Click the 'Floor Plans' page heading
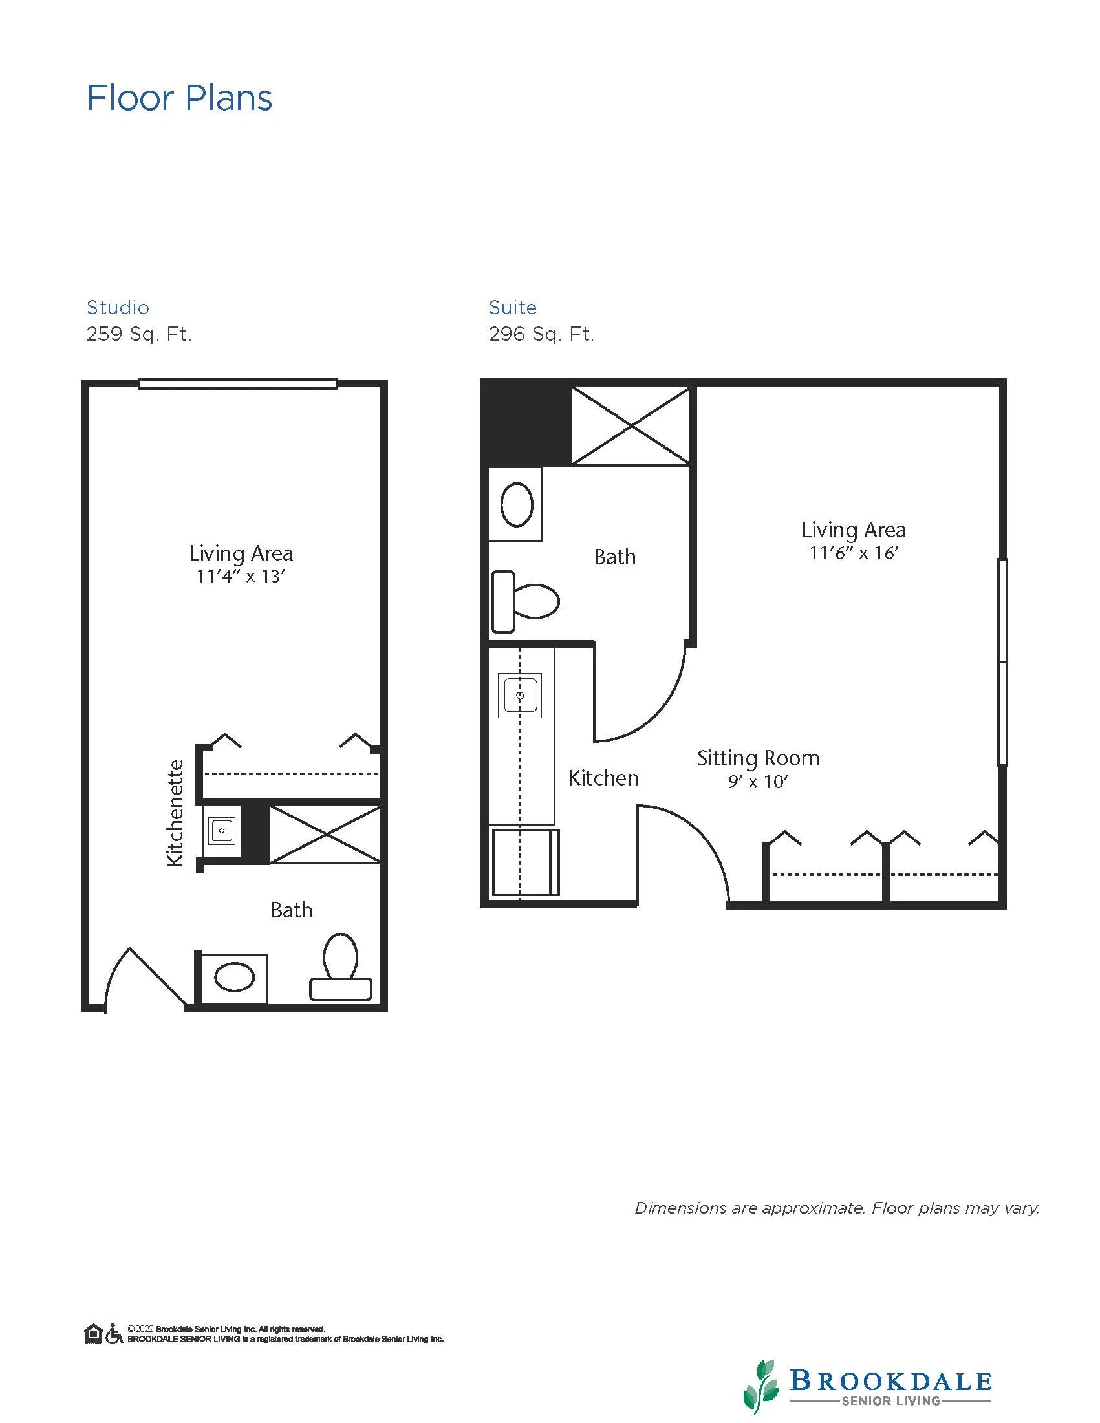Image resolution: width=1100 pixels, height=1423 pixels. (179, 98)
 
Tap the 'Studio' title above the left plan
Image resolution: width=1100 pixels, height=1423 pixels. (118, 308)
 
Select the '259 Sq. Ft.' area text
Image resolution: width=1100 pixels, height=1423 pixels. (139, 334)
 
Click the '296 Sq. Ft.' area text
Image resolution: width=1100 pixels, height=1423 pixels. (541, 334)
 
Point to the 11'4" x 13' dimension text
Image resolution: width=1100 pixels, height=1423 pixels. (241, 576)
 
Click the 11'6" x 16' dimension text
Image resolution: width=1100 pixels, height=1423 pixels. (854, 553)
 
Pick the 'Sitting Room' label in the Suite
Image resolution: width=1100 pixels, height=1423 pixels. (758, 758)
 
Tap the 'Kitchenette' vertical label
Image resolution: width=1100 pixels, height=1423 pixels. (175, 813)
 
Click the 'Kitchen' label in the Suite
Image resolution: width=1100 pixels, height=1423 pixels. (603, 778)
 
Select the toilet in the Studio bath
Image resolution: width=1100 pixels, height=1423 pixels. (340, 967)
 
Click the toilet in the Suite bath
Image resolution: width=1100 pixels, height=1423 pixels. (525, 601)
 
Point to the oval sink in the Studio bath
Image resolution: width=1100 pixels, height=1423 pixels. (234, 978)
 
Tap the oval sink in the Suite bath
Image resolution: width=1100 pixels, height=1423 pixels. (517, 504)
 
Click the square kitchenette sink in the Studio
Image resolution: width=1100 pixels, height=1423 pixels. (222, 831)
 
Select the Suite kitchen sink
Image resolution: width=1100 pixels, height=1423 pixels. (519, 696)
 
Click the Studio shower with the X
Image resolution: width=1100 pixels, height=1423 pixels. (325, 835)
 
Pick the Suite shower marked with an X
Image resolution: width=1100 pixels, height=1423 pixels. (631, 426)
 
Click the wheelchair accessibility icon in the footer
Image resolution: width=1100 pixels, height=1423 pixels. (114, 1334)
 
